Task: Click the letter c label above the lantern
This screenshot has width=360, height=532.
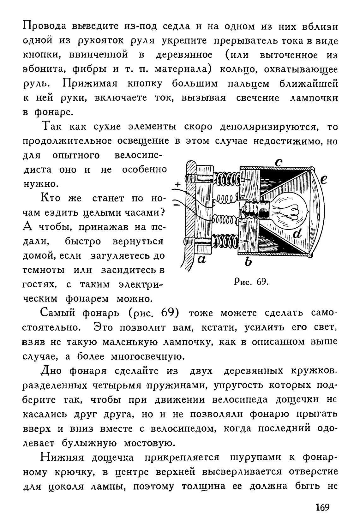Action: [278, 162]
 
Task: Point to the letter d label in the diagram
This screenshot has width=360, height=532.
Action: [298, 234]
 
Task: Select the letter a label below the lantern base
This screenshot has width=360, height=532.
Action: [201, 260]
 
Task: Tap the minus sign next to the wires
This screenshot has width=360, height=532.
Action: [177, 205]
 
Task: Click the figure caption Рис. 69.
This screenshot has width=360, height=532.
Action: [251, 281]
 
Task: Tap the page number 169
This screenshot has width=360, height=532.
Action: [322, 507]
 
